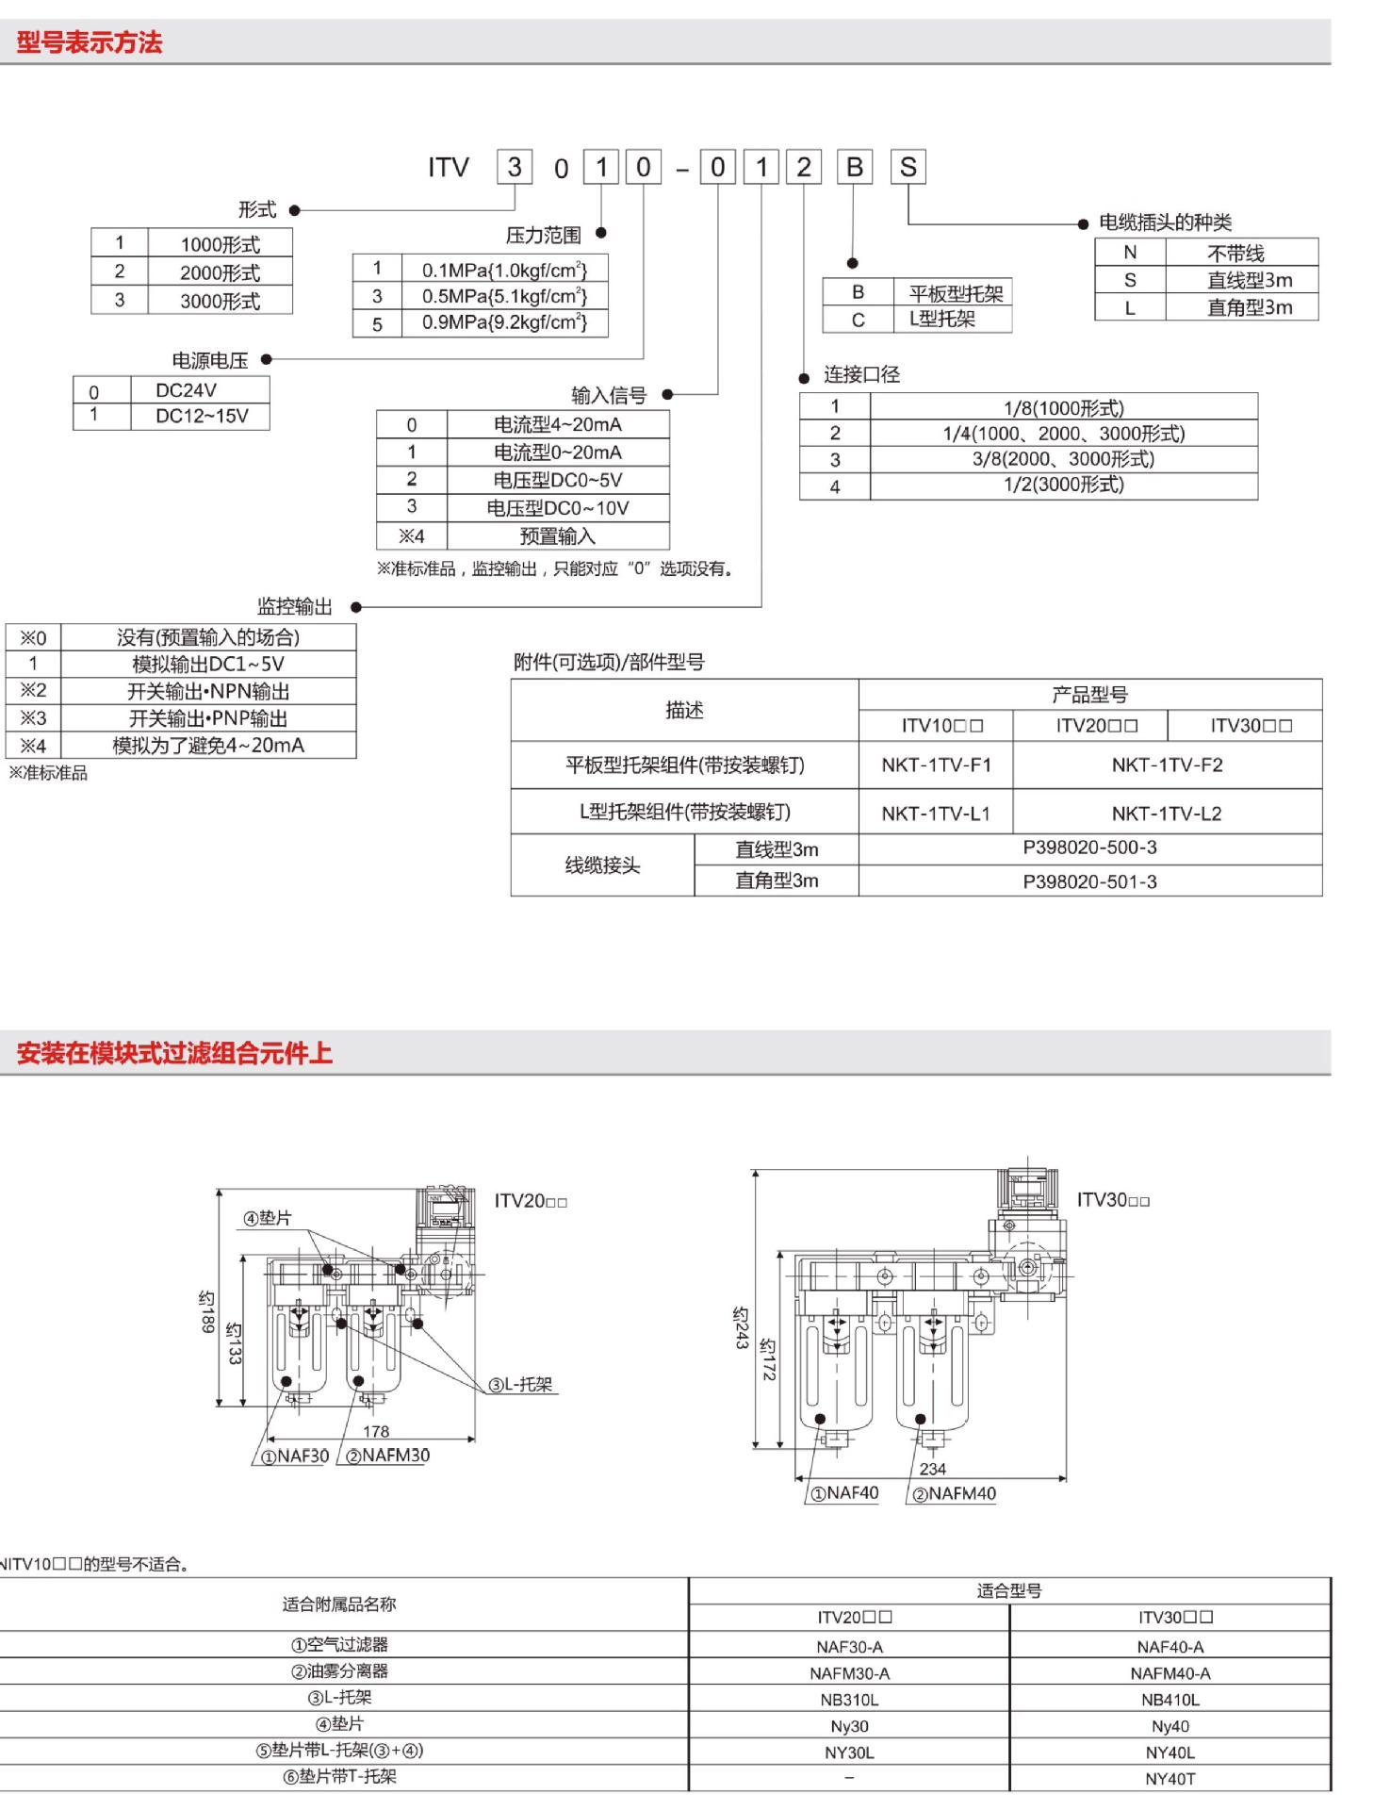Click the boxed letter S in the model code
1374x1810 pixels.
[x=908, y=168]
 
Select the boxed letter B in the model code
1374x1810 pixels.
[x=854, y=168]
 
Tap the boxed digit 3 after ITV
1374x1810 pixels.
[x=515, y=168]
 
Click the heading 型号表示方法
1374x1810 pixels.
[x=90, y=42]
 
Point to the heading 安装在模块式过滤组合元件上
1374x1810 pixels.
[x=174, y=1053]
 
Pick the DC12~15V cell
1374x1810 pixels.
[x=202, y=416]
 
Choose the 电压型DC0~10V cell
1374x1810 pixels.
[x=557, y=508]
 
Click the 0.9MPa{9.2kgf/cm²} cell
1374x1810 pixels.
[x=504, y=322]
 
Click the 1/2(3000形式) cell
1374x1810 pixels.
[x=1063, y=485]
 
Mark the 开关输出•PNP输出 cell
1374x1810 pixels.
[x=207, y=718]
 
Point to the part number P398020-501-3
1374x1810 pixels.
[x=1089, y=881]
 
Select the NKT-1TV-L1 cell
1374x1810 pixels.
[x=935, y=813]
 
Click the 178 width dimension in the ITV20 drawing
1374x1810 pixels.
[x=376, y=1431]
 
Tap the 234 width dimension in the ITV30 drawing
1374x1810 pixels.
[x=932, y=1468]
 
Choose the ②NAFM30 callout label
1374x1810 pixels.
[x=387, y=1456]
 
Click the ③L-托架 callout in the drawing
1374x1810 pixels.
[x=520, y=1384]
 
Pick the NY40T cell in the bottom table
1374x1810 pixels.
[x=1170, y=1778]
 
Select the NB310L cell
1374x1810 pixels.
[x=849, y=1700]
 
